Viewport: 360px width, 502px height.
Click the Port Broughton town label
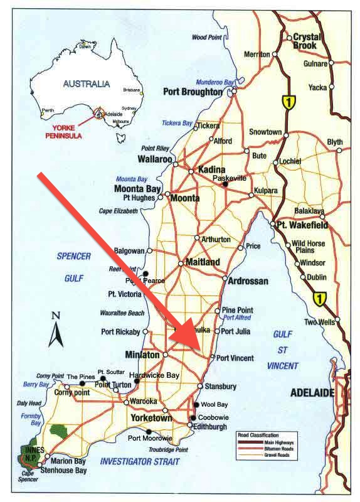click(x=193, y=92)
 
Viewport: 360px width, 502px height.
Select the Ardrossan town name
click(x=249, y=280)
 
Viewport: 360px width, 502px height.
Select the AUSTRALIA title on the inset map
click(x=87, y=83)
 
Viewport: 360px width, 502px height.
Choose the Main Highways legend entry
click(x=270, y=442)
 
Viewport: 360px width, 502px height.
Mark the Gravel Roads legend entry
click(x=268, y=455)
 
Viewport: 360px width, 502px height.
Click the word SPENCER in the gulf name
click(x=74, y=256)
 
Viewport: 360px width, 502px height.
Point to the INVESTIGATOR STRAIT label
click(x=139, y=461)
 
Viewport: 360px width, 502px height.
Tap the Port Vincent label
click(x=235, y=358)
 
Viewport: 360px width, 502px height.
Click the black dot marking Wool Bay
click(x=196, y=405)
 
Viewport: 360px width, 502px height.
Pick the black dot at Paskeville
click(x=225, y=184)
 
